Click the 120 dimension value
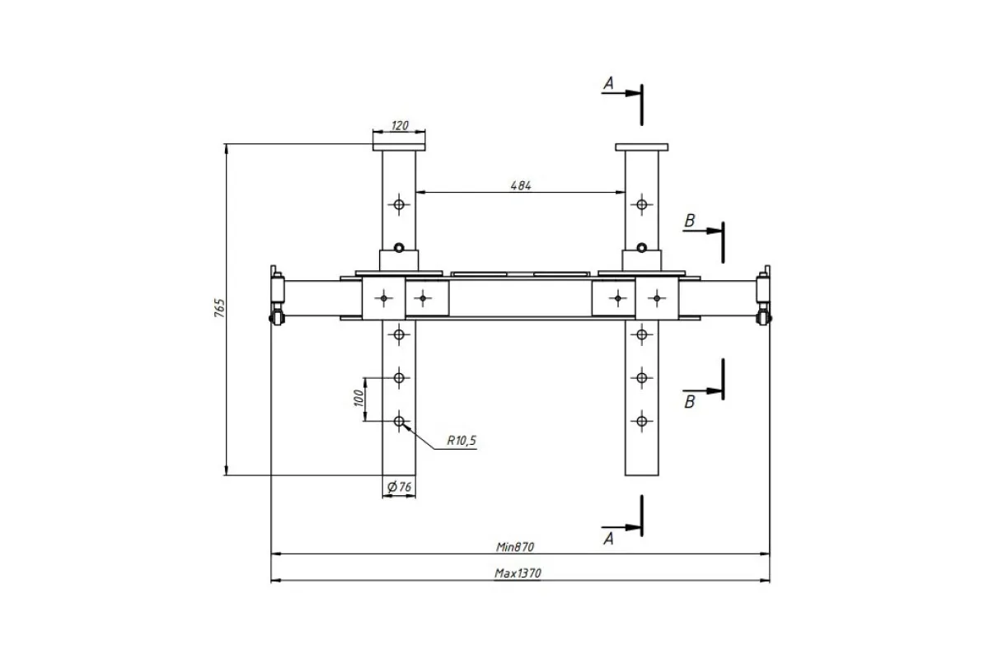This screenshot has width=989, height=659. click(400, 126)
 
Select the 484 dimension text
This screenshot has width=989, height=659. click(521, 186)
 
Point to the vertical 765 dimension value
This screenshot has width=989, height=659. click(219, 307)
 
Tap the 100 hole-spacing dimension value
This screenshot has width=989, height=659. click(359, 398)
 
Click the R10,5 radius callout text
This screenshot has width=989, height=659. click(462, 440)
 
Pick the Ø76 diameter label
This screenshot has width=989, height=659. click(400, 487)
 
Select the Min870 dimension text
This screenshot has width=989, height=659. click(515, 547)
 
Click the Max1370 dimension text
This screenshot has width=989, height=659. click(518, 573)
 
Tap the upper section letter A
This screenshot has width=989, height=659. click(609, 83)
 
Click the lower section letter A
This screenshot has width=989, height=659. click(609, 539)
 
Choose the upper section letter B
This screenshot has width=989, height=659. click(690, 220)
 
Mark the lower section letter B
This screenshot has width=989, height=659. click(690, 402)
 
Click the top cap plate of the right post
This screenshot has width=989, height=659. click(641, 147)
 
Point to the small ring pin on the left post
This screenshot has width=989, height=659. click(399, 248)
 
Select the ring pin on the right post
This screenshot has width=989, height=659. click(641, 248)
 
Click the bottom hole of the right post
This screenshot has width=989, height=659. click(641, 421)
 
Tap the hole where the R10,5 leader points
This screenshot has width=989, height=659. click(399, 421)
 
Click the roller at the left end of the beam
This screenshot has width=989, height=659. click(276, 318)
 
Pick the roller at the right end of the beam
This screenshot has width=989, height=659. click(764, 318)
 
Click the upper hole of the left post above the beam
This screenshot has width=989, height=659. click(399, 204)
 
